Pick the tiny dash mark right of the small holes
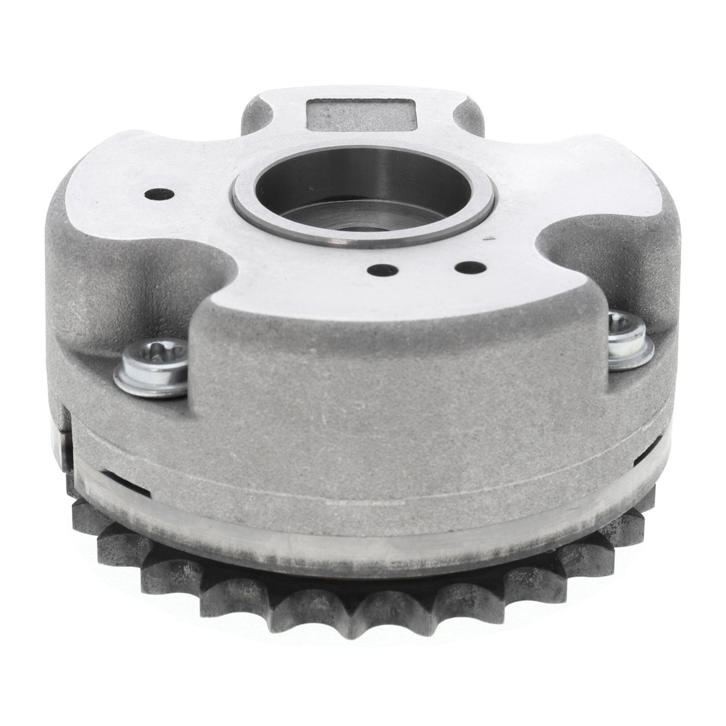490,239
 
